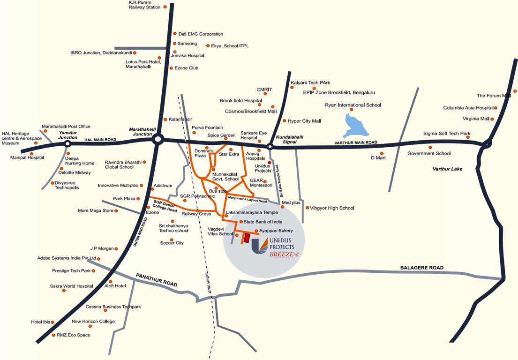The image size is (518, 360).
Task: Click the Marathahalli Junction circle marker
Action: coord(158,139)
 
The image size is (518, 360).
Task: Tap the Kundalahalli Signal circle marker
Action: coord(270,147)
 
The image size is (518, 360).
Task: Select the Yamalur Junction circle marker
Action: coord(68,144)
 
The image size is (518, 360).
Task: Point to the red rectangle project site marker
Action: coord(246,238)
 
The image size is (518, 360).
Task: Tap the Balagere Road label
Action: coord(421,268)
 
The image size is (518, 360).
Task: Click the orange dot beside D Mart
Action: coord(382,153)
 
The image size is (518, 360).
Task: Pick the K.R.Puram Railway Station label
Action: coord(144,5)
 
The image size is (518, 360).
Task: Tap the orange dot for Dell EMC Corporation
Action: coord(174,34)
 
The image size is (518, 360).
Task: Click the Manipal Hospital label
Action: coord(27,157)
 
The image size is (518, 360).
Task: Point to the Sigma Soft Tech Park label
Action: coord(446,134)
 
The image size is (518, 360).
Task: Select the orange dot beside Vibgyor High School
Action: coord(307,208)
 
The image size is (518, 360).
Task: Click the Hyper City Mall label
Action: coord(304,121)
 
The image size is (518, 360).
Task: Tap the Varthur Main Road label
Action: coord(355,142)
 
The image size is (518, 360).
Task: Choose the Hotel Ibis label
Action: coord(40,322)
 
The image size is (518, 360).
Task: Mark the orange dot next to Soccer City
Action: coord(172,240)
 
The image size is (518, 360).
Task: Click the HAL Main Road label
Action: coord(100,140)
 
